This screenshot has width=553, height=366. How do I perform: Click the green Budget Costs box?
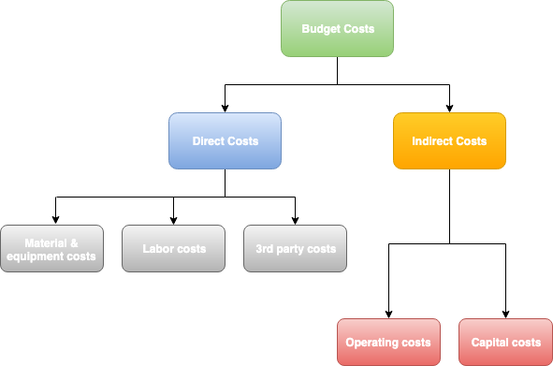(x=337, y=29)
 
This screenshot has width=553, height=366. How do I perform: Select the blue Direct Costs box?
(x=225, y=141)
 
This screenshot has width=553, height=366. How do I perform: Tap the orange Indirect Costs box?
(x=449, y=141)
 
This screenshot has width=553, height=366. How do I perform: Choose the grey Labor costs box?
(x=173, y=249)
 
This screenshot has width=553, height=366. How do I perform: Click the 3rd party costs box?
(x=295, y=249)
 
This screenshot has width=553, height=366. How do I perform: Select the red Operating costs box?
(x=388, y=342)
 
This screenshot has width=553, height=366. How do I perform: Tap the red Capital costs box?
(x=506, y=342)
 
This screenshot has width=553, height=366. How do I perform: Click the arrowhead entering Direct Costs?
(x=225, y=108)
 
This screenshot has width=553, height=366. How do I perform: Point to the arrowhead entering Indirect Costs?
(x=449, y=108)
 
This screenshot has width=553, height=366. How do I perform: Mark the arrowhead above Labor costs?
(x=173, y=220)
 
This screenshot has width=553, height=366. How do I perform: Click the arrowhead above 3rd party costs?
(x=295, y=220)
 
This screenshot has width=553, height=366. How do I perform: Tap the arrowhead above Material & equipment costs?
(x=56, y=220)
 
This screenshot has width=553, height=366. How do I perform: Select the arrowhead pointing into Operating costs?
(x=388, y=314)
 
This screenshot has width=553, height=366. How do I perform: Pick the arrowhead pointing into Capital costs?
(x=506, y=314)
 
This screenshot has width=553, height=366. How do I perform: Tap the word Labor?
(x=158, y=249)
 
